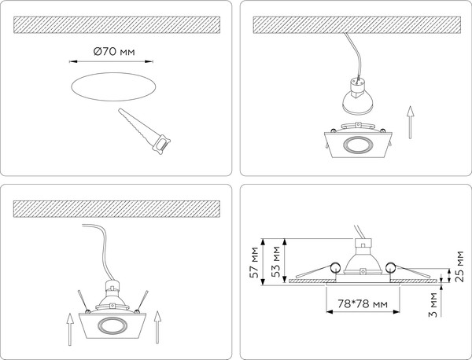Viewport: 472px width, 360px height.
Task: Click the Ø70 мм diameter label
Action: (x=114, y=51)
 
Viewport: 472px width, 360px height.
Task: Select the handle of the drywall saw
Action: (x=162, y=145)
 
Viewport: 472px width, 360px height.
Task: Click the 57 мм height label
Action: (x=255, y=263)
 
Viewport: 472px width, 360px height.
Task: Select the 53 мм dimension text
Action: (x=276, y=262)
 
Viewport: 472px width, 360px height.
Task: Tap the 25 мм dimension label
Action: (x=460, y=266)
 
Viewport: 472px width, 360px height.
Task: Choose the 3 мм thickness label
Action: (x=433, y=305)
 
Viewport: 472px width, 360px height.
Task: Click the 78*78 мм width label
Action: (x=363, y=303)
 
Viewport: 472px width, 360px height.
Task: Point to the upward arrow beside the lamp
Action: (x=410, y=122)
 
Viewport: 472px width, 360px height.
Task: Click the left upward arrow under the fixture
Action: (x=69, y=329)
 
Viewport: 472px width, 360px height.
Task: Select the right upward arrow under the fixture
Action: (x=157, y=327)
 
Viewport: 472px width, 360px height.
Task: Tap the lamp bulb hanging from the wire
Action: (x=358, y=97)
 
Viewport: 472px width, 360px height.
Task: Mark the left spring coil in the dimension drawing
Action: (x=335, y=267)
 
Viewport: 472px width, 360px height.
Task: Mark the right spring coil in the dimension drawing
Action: (x=390, y=267)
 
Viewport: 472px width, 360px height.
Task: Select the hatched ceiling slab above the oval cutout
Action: (x=116, y=24)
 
